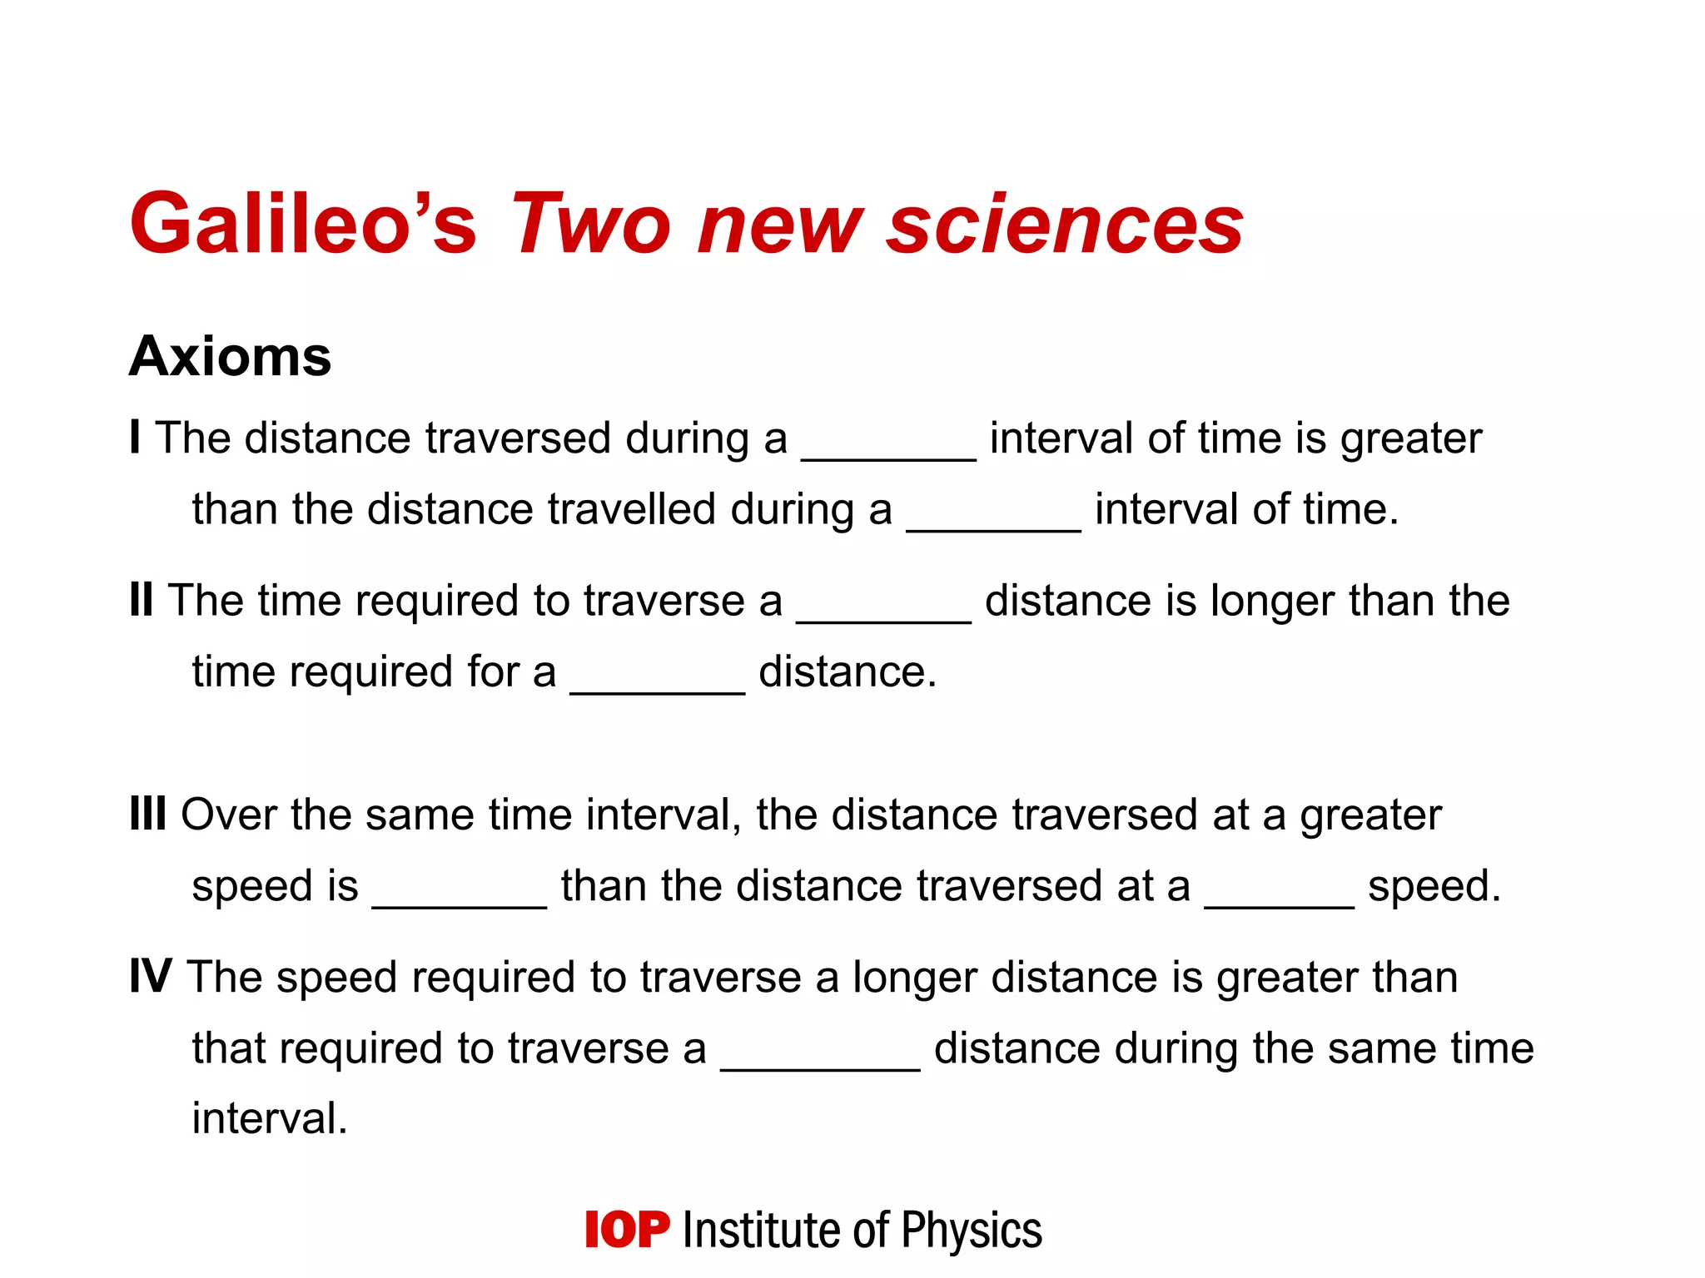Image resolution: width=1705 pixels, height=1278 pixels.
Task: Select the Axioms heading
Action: point(231,356)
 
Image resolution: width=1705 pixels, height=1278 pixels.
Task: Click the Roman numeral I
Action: point(135,437)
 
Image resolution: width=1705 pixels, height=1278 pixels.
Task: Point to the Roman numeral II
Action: point(142,599)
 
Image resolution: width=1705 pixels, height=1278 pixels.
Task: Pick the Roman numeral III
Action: point(148,813)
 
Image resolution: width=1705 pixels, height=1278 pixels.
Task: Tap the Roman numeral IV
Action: point(151,975)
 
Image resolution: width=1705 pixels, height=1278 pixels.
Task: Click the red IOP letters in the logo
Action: point(627,1230)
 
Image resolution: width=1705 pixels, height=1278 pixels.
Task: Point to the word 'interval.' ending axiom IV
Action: point(269,1117)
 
